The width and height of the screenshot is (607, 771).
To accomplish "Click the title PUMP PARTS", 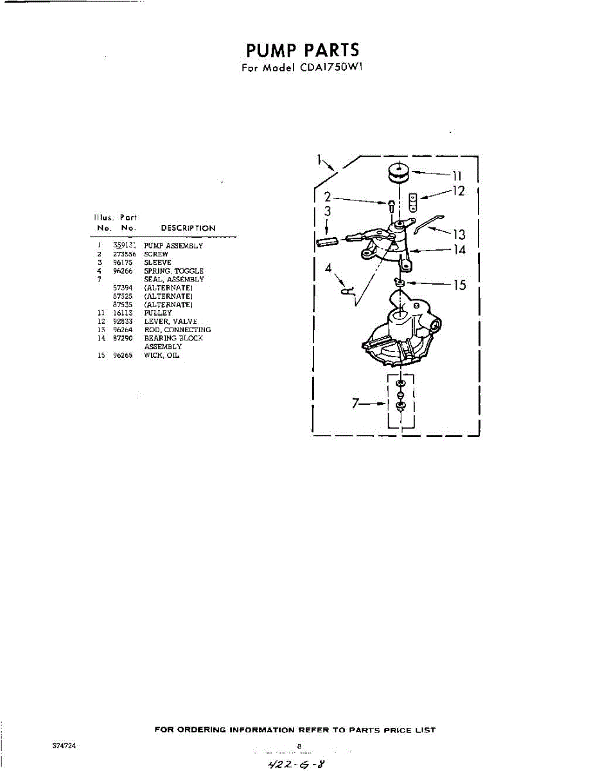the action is pos(303,49).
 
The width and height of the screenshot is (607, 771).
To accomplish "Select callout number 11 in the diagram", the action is pos(457,175).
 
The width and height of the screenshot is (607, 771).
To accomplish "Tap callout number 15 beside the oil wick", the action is pos(459,285).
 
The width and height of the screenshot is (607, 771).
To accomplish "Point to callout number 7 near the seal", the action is pos(355,404).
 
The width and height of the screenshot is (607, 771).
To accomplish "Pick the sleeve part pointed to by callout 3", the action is pos(328,240).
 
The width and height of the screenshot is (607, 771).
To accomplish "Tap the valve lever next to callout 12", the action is pos(414,202).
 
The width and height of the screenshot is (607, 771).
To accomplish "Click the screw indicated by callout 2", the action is pos(391,206).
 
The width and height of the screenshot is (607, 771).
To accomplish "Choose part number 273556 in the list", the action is pos(122,254).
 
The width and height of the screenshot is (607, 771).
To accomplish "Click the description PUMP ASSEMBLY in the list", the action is pos(173,246).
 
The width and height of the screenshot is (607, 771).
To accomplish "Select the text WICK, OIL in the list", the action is pos(161,355).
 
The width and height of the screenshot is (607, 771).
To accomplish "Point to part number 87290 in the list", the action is pos(122,338).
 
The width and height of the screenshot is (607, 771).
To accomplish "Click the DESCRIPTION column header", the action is pos(188,228).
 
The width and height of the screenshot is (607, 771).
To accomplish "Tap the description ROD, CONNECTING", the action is pos(177,330).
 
